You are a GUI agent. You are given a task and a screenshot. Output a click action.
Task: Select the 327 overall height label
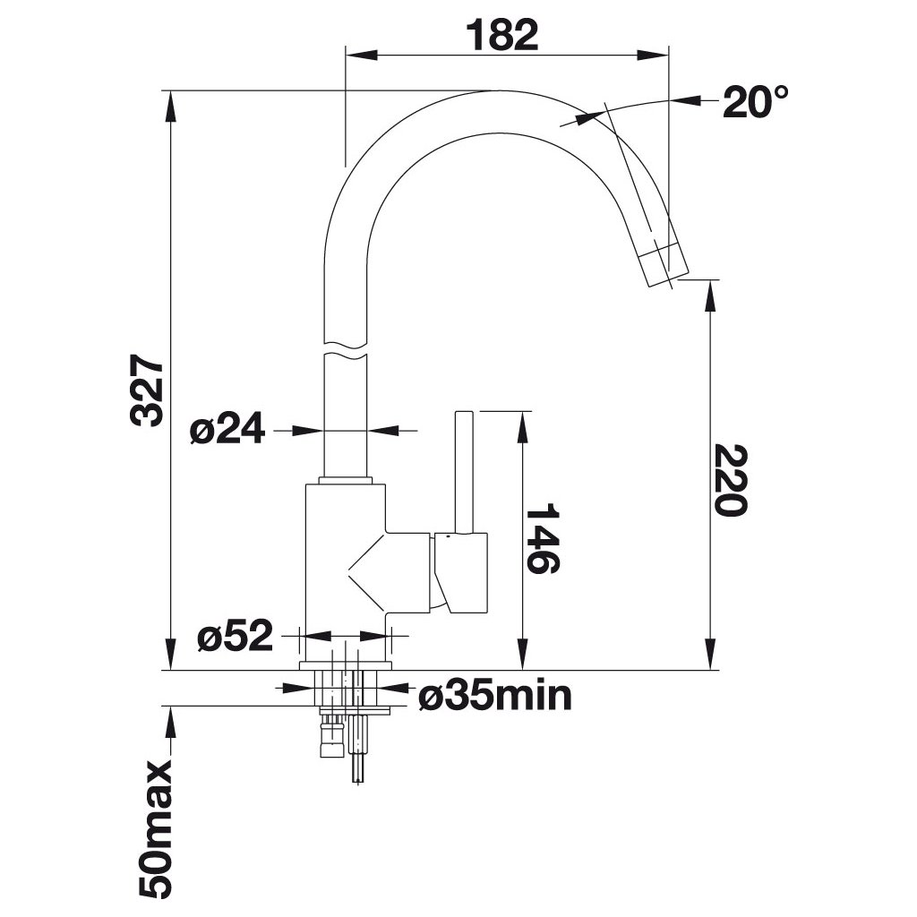point(147,390)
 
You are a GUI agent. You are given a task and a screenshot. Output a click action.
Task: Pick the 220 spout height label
point(729,479)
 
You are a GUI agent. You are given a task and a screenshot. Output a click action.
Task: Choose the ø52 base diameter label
point(235,637)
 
